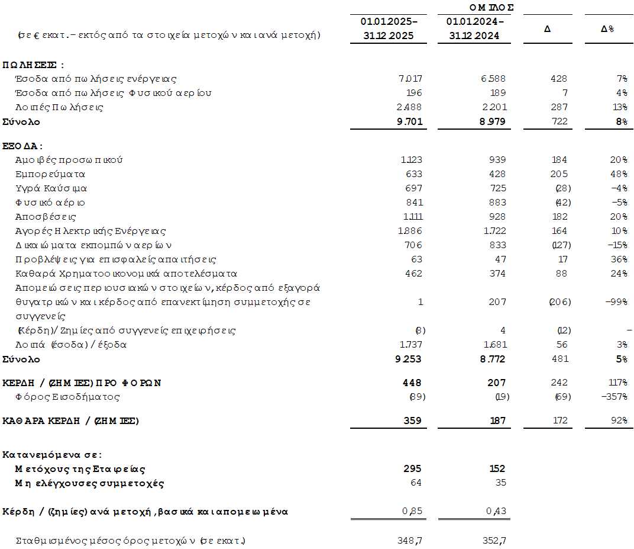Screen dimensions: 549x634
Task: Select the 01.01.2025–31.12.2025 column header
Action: click(x=389, y=28)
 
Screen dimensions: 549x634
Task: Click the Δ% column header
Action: click(x=607, y=28)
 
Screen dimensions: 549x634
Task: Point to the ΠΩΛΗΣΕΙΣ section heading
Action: click(x=33, y=65)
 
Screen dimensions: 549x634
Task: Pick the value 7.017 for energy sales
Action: click(x=410, y=79)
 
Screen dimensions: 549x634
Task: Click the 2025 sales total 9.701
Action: click(x=409, y=122)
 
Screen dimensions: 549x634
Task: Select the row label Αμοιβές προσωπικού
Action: click(x=69, y=160)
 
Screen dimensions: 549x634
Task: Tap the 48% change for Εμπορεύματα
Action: click(x=619, y=174)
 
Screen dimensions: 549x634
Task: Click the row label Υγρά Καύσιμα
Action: click(x=51, y=188)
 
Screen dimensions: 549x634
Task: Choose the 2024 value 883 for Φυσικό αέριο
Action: click(x=497, y=203)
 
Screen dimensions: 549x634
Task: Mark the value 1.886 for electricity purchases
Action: click(x=410, y=231)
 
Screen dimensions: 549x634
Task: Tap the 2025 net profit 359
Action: click(x=413, y=421)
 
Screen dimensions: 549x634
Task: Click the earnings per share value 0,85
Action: click(x=413, y=512)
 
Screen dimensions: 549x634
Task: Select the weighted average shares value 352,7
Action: click(x=494, y=541)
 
